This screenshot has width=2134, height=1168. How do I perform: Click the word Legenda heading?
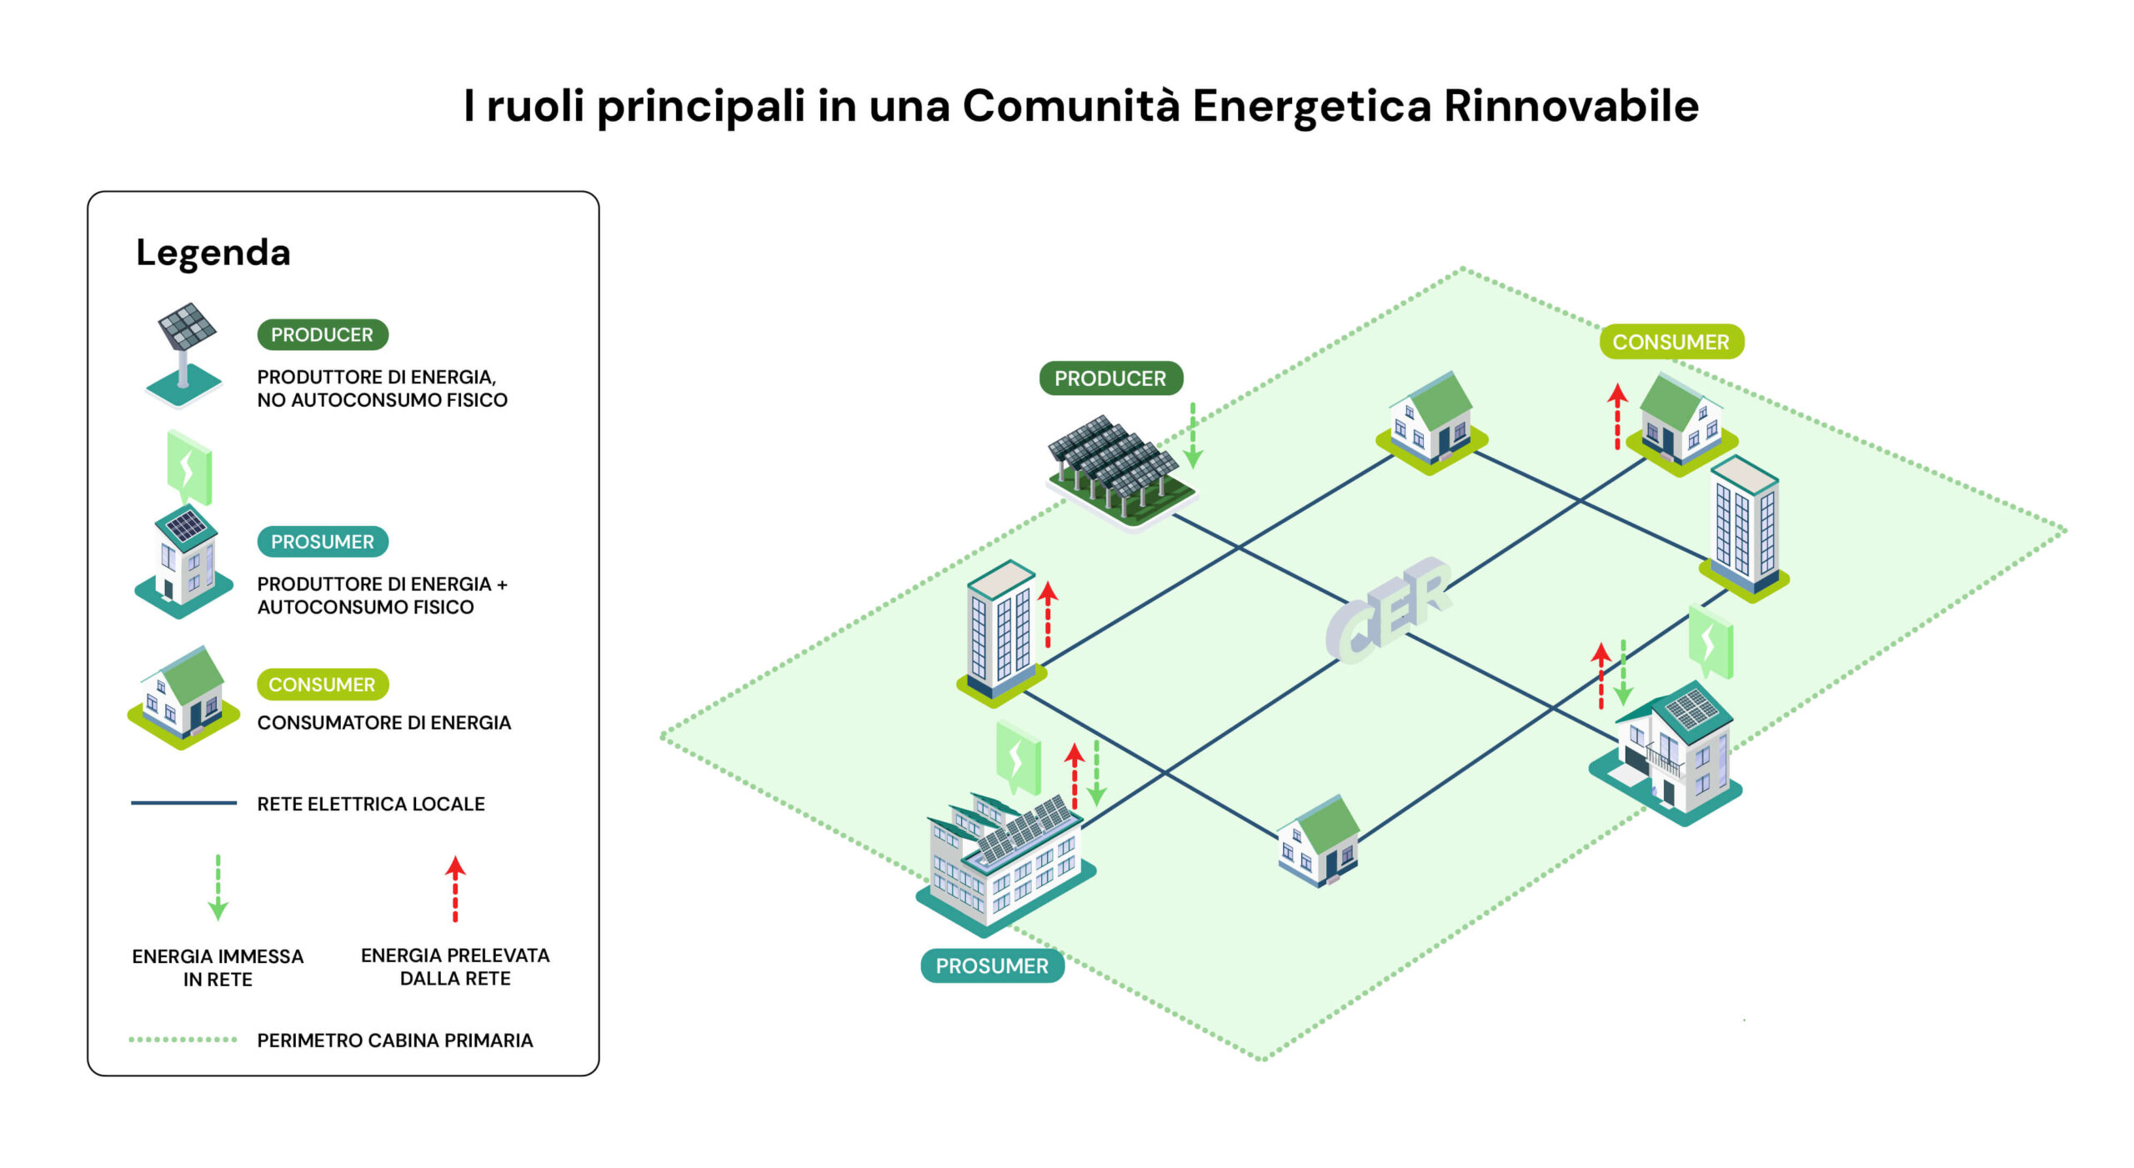tap(213, 252)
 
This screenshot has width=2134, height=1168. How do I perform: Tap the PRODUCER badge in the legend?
tap(323, 334)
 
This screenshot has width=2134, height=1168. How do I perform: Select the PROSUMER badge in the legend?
tap(323, 542)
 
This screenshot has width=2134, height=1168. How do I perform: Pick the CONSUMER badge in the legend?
tap(323, 684)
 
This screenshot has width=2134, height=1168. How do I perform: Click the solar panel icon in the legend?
tap(184, 354)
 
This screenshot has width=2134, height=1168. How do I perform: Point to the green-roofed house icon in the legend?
tap(183, 698)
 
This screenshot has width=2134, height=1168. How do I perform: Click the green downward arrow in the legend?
tap(218, 887)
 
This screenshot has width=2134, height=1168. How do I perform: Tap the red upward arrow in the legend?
tap(455, 889)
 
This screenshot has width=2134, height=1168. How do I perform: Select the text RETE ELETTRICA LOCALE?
tap(371, 804)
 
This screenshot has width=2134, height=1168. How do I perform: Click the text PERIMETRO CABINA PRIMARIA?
tap(395, 1040)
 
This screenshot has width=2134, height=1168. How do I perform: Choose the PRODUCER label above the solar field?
tap(1110, 378)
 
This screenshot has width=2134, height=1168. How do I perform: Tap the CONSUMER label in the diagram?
tap(1671, 342)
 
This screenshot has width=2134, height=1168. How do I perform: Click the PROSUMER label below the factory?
tap(992, 965)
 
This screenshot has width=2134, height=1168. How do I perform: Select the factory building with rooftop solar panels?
tap(1005, 863)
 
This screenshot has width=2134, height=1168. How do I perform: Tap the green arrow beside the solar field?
tap(1193, 435)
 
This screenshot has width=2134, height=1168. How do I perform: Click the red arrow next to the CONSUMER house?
tap(1617, 417)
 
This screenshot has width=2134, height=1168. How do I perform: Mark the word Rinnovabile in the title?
tap(1571, 106)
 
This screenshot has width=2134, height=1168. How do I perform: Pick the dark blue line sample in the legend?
tap(183, 803)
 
